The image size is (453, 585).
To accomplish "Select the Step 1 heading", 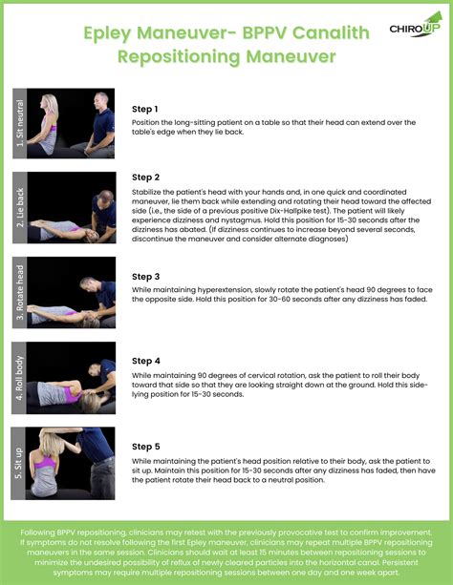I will coord(145,110).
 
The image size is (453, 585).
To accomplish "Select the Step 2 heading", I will coord(145,178).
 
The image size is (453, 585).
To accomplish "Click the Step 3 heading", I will coord(145,277).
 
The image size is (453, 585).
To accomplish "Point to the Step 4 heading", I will coord(145,363).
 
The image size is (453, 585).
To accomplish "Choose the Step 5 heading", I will coord(145,446).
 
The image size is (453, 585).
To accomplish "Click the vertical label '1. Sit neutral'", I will coord(18,125).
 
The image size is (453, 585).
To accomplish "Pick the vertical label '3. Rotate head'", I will coord(18,293).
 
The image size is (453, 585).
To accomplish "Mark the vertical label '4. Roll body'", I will coord(18,377).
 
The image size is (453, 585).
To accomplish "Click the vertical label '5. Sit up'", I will coord(18,463).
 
